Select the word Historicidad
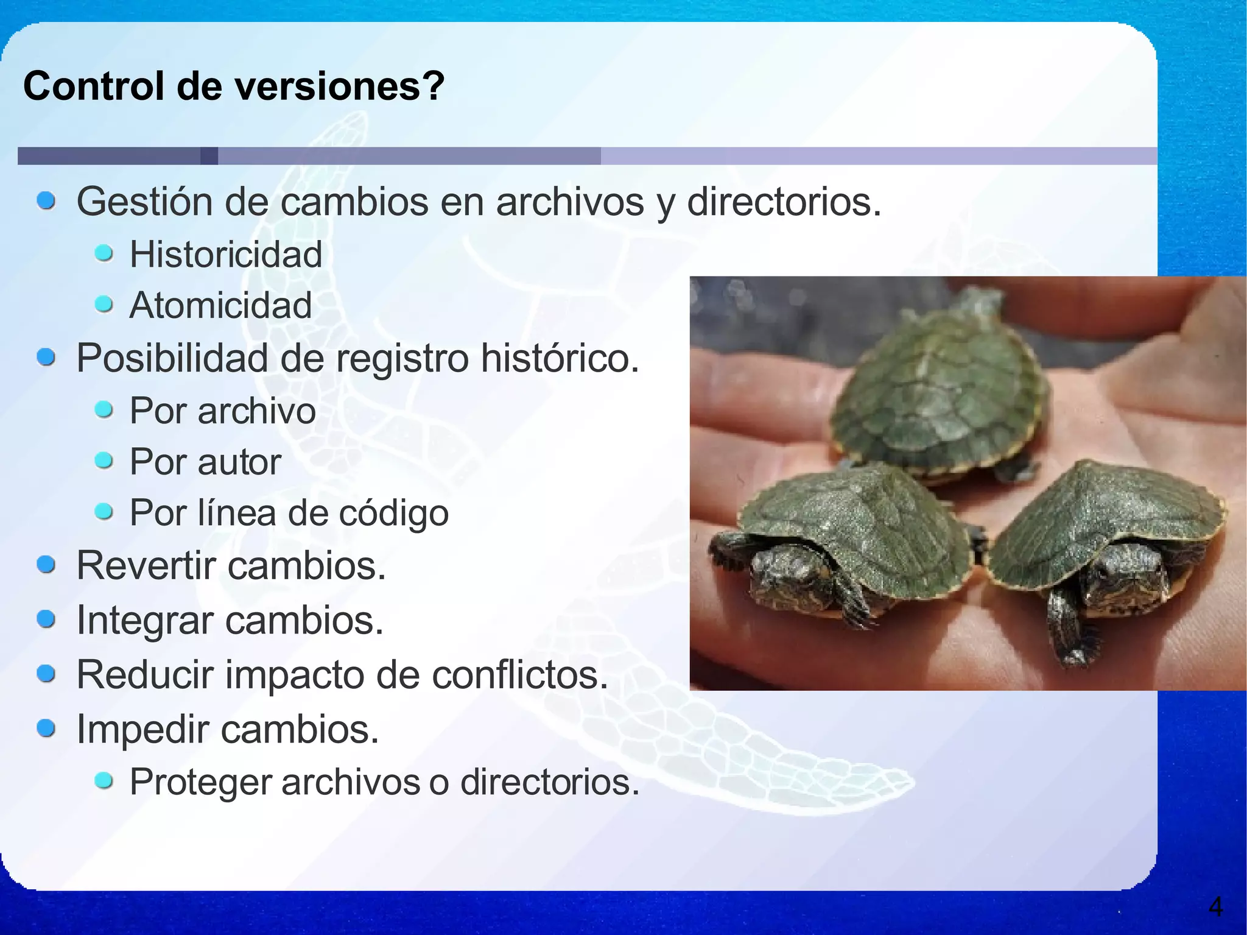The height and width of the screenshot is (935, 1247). coord(226,254)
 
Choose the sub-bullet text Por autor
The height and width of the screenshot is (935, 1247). coord(205,462)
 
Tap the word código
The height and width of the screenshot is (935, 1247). coord(393,513)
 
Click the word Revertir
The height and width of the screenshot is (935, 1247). coord(146,566)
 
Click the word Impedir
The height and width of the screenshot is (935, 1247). coord(142,729)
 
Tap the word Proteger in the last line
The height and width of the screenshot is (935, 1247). coord(200,782)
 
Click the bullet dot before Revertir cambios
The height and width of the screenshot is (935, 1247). coord(46,565)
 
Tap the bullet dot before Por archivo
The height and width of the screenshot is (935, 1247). coord(104,409)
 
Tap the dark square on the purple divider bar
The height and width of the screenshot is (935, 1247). coord(209,156)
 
